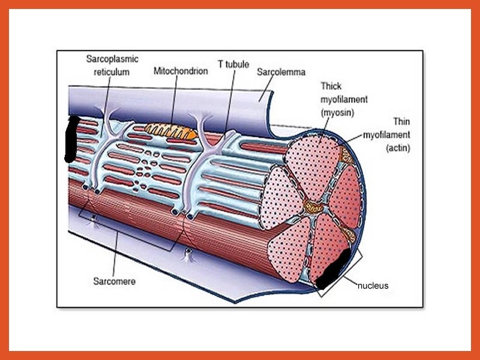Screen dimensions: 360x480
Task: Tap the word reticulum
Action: [x=112, y=72]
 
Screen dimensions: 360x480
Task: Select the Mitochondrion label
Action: [x=181, y=71]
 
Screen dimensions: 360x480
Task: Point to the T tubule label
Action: [x=233, y=64]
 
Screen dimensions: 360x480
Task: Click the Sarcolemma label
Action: [x=281, y=72]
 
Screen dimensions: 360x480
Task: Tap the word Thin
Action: [x=401, y=122]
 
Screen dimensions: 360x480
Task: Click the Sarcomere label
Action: [x=113, y=280]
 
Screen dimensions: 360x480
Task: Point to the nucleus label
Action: [x=373, y=286]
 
